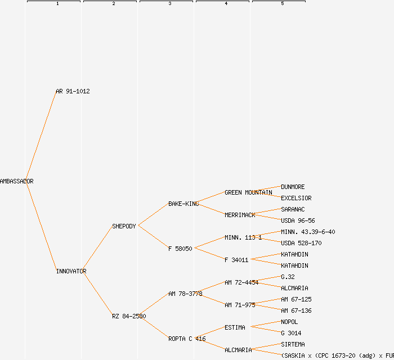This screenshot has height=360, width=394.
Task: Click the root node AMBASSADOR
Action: [x=16, y=181]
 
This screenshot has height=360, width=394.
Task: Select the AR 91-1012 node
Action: [x=73, y=91]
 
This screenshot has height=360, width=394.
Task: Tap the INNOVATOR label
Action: [x=71, y=271]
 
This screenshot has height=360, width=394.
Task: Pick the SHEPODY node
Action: [x=124, y=226]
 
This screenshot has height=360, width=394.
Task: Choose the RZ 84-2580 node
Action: [x=129, y=316]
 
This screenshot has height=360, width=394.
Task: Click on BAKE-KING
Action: [x=183, y=204]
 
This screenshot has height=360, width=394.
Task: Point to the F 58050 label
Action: [x=180, y=249]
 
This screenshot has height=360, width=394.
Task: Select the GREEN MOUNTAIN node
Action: [x=248, y=192]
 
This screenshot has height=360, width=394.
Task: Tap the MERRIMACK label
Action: [x=240, y=215]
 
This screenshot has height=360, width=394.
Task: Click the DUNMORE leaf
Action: [x=293, y=187]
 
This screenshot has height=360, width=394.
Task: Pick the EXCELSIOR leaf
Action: [x=296, y=198]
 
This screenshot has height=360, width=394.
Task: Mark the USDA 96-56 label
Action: [x=298, y=220]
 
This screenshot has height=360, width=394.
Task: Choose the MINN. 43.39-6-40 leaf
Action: [x=308, y=232]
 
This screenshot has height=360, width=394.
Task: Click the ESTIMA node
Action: [x=235, y=327]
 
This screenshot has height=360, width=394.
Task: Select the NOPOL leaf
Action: [x=289, y=322]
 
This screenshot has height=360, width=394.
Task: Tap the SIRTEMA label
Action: [x=293, y=344]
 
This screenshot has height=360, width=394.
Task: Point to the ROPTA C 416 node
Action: [x=187, y=339]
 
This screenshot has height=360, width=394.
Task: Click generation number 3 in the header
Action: [x=169, y=4]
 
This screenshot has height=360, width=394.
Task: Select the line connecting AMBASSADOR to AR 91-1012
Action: [x=41, y=136]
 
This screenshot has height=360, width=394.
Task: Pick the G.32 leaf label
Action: [x=288, y=277]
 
